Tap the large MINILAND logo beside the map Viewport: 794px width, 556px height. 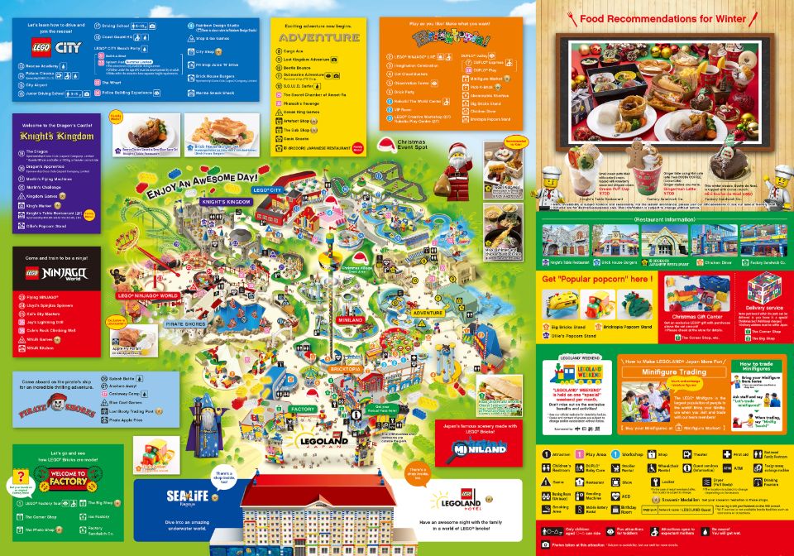click(x=472, y=448)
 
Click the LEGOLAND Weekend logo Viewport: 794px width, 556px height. click(x=576, y=371)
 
